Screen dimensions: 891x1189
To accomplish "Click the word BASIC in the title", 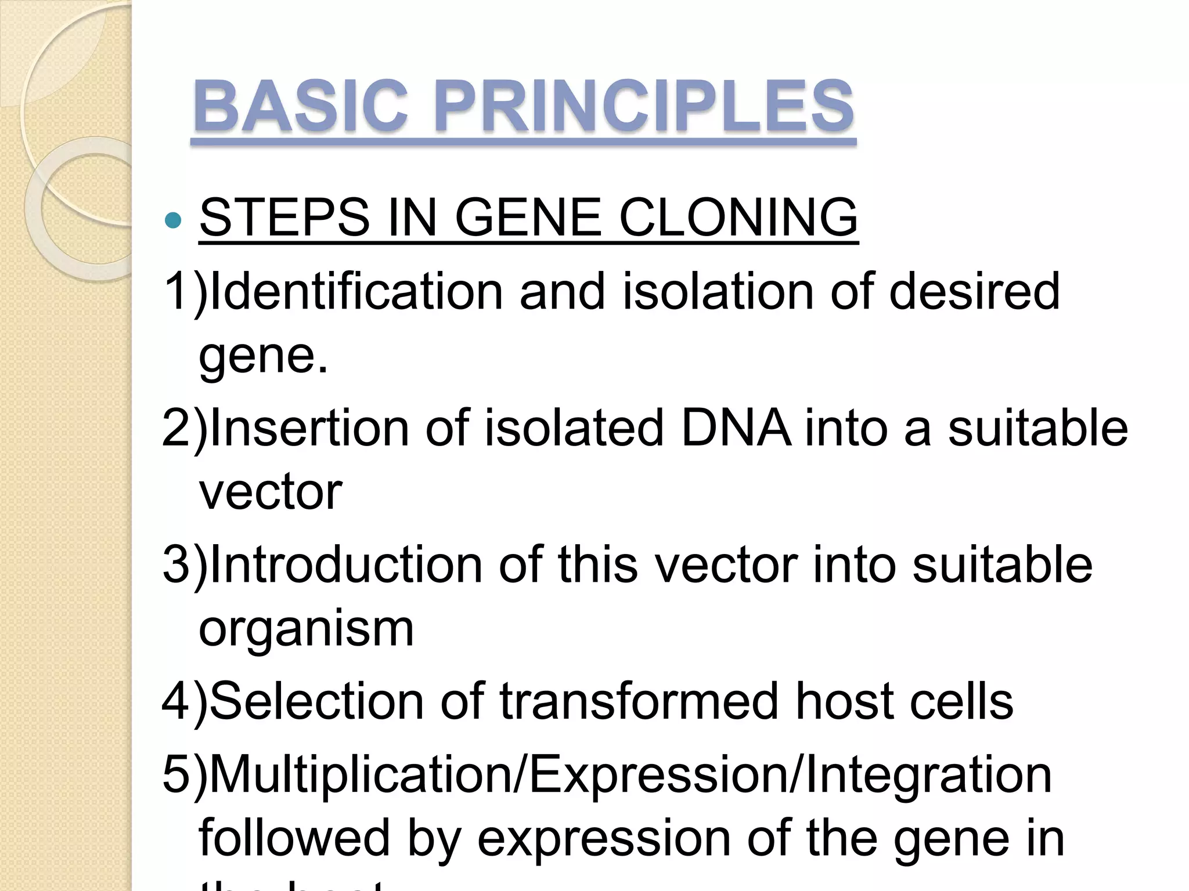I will (300, 107).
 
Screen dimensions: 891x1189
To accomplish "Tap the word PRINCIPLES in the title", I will (643, 107).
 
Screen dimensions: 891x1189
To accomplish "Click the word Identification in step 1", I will (356, 291).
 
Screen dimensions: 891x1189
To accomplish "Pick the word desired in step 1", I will (974, 291).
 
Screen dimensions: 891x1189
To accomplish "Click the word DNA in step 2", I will (736, 428).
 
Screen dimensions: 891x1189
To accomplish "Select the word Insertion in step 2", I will (309, 428).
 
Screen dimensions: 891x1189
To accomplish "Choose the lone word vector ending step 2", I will (271, 492).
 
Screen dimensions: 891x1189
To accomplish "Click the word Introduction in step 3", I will (345, 564).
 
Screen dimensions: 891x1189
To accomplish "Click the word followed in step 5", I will (294, 838).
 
